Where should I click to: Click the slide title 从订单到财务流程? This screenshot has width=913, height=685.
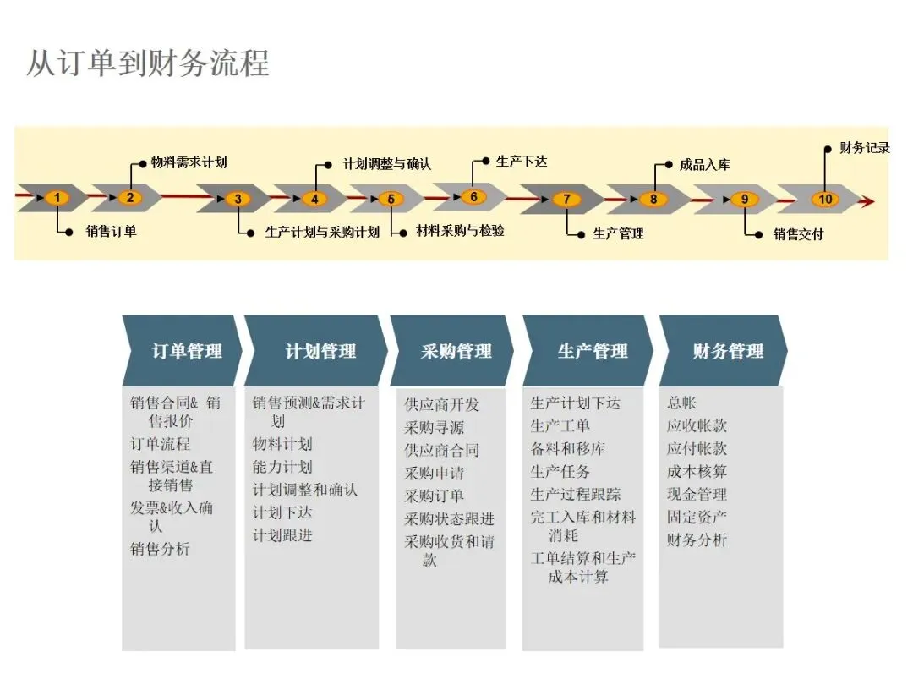click(x=148, y=63)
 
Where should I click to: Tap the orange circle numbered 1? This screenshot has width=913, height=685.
click(x=57, y=198)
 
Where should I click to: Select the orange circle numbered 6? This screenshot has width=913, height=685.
click(x=473, y=197)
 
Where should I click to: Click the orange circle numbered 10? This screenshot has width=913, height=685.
click(x=825, y=200)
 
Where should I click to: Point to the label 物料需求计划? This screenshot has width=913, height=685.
click(x=189, y=162)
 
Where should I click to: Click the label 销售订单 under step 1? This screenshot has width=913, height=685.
click(x=111, y=231)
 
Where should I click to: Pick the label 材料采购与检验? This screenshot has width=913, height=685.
click(x=460, y=231)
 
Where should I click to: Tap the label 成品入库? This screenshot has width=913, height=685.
click(x=704, y=165)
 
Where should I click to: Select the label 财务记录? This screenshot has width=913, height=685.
click(x=864, y=148)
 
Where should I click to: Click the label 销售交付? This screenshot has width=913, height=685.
click(x=798, y=234)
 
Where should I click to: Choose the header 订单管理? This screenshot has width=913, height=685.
click(x=187, y=351)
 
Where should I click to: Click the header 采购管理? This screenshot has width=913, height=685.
click(x=456, y=351)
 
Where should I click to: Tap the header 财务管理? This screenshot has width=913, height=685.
click(x=727, y=351)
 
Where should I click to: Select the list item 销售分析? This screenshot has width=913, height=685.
click(x=160, y=549)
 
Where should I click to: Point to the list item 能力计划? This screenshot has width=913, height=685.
click(x=282, y=467)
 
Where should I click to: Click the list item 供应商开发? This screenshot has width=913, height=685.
click(x=441, y=405)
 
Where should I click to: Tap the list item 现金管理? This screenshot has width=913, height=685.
click(x=697, y=494)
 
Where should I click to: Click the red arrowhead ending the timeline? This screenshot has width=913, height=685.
click(x=865, y=201)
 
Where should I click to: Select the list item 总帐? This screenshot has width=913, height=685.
click(x=681, y=403)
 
